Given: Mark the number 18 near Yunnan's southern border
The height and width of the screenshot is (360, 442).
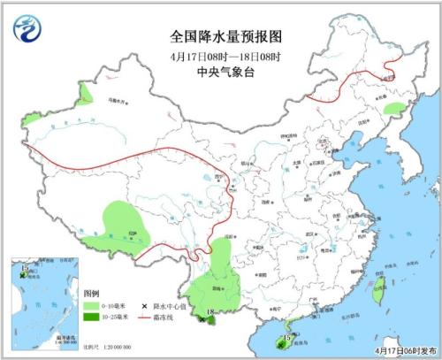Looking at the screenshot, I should tap(209, 312).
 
